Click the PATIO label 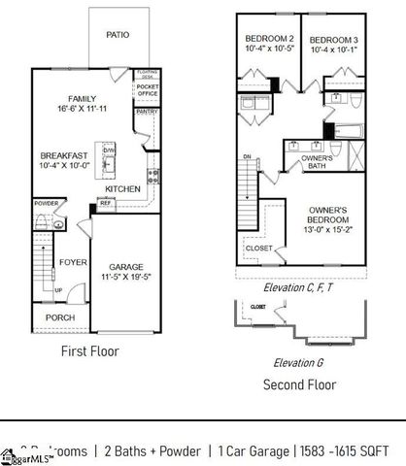pos(118,35)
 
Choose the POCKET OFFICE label pos(148,91)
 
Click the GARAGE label pos(126,265)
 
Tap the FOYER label pos(73,262)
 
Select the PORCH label pos(59,317)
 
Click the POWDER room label pos(47,204)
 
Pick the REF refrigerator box pos(106,204)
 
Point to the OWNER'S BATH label pos(317,162)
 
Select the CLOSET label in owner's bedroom pos(259,248)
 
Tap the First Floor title pos(90,350)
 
